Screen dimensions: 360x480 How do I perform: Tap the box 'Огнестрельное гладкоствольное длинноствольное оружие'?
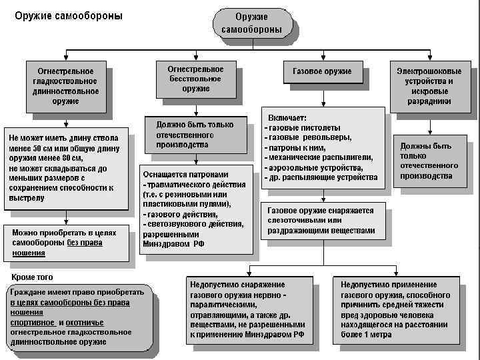tap(65, 86)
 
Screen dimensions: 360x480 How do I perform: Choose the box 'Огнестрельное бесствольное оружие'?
tap(196, 79)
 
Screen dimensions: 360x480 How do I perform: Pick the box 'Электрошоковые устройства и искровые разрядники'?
tap(429, 86)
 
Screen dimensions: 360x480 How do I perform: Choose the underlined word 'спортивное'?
tap(32, 322)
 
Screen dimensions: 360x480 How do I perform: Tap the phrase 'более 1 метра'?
tap(366, 335)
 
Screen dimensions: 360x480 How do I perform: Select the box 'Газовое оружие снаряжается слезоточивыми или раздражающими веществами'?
tap(322, 221)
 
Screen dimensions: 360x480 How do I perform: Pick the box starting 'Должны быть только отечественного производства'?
tap(431, 161)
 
